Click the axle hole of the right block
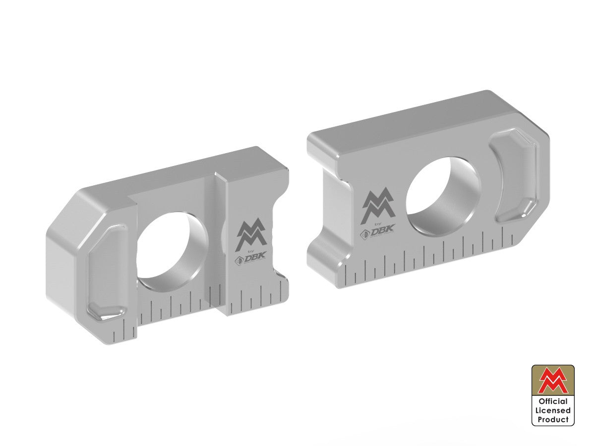tap(443, 196)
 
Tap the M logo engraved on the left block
tap(252, 236)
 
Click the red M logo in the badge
tap(553, 381)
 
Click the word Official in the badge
tap(553, 401)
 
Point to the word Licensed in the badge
tap(553, 410)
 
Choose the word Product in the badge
tap(553, 419)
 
